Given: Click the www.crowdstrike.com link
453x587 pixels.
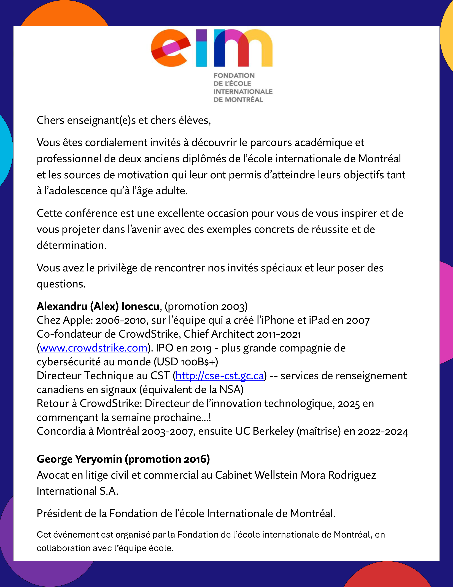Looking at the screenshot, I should point(93,348).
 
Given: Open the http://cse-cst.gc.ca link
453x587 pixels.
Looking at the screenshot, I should point(220,376).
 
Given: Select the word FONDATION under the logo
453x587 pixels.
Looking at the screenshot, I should point(234,76).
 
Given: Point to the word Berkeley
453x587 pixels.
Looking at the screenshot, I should point(273,431).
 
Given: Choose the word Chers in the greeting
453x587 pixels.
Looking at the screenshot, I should point(50,120).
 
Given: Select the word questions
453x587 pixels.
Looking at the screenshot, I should point(61,284).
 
